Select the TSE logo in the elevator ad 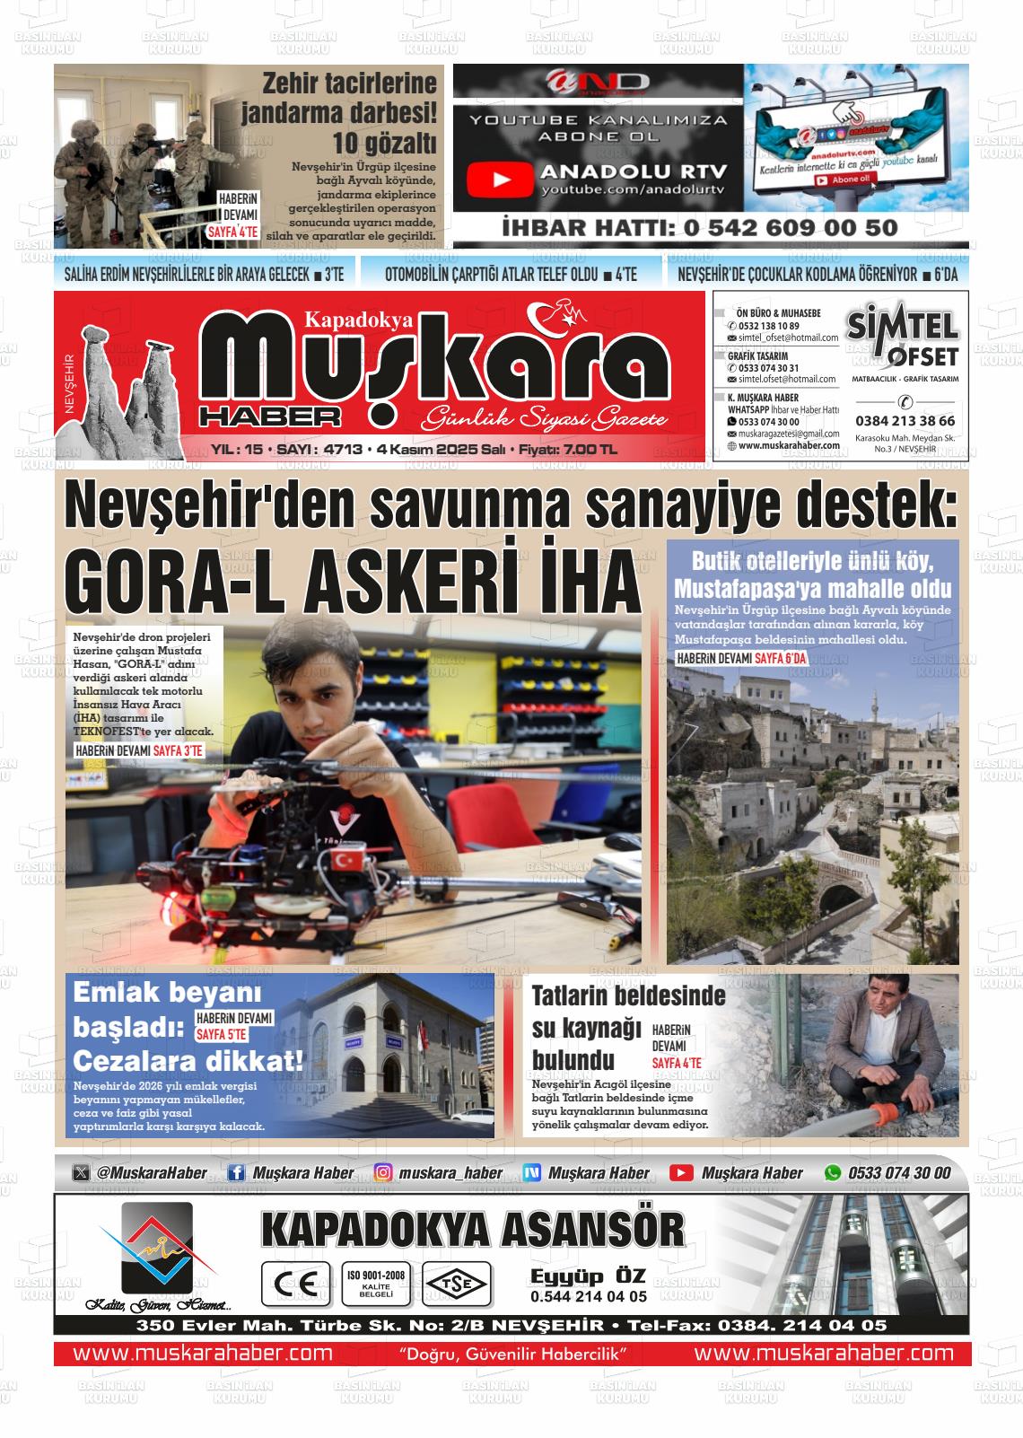(457, 1284)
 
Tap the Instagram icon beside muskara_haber (383, 1173)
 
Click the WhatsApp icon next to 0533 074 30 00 (833, 1173)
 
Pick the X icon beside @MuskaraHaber (81, 1173)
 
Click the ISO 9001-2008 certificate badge (376, 1283)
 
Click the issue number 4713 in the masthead (344, 449)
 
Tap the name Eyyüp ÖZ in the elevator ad (588, 1277)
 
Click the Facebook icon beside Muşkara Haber (236, 1173)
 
